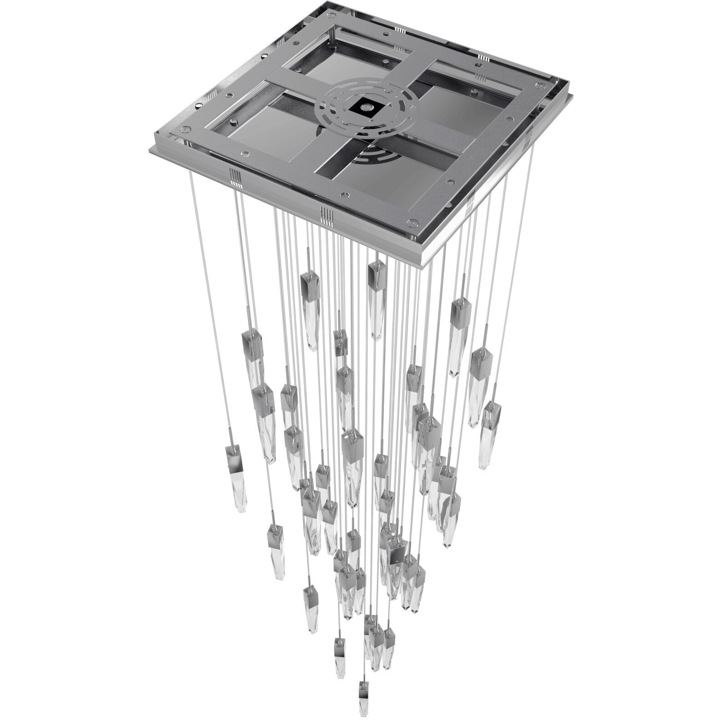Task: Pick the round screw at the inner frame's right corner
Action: [541, 85]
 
